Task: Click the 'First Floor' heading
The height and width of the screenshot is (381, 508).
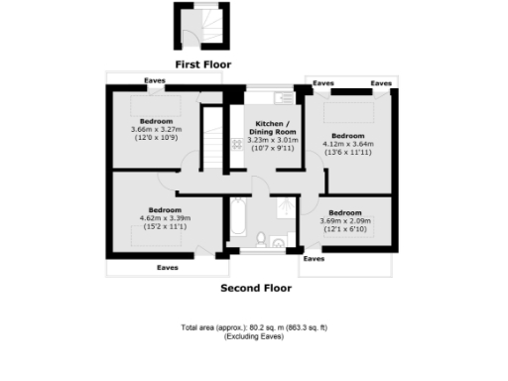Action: [x=202, y=64]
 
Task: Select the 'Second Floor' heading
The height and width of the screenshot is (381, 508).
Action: [x=255, y=289]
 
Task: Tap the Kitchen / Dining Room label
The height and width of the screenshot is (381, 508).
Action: [x=271, y=126]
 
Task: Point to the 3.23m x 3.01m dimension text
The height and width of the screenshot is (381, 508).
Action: [x=271, y=140]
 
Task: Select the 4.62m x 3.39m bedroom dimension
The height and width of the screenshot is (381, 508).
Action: [x=165, y=219]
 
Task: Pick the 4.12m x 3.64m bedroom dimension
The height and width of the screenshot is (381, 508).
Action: [x=347, y=143]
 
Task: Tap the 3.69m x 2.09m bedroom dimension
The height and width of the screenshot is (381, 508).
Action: [x=345, y=221]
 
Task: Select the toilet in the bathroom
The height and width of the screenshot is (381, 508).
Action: [x=260, y=238]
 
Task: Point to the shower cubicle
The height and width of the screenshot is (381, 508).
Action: [x=284, y=206]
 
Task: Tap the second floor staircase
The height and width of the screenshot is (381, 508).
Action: [x=210, y=133]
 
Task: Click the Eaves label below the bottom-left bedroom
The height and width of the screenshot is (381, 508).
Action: [x=167, y=267]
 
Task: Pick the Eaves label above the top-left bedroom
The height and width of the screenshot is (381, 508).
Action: [x=154, y=80]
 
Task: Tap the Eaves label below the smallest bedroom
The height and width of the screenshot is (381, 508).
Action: [x=314, y=258]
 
